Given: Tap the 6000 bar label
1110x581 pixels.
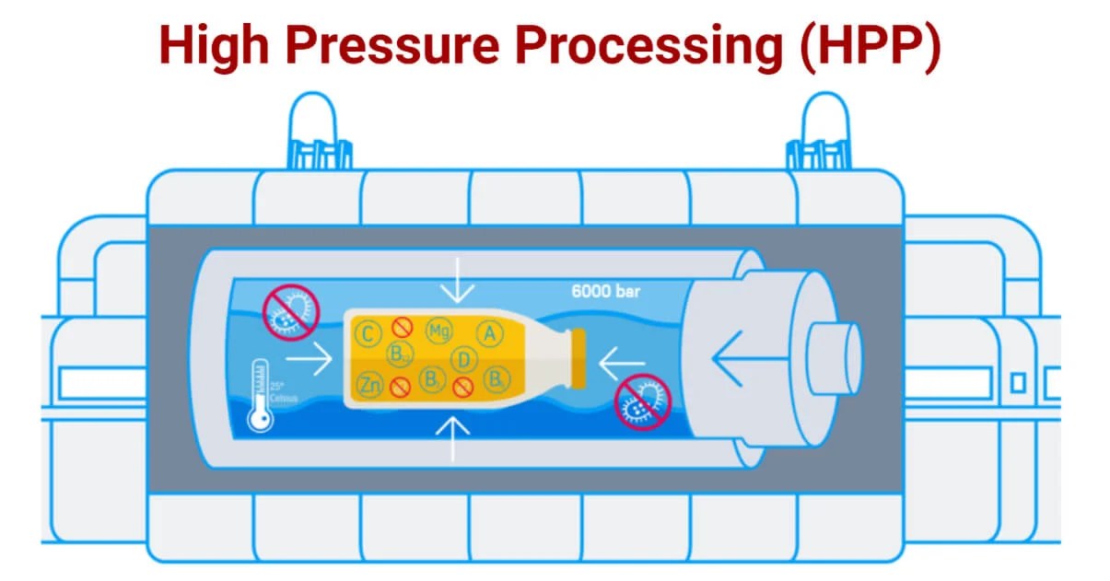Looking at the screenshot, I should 605,293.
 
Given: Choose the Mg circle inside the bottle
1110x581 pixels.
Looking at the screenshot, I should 438,330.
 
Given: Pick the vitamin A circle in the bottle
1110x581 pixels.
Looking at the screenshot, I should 489,333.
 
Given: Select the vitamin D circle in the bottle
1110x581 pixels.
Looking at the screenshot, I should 464,358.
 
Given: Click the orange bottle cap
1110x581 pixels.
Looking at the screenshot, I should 578,357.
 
